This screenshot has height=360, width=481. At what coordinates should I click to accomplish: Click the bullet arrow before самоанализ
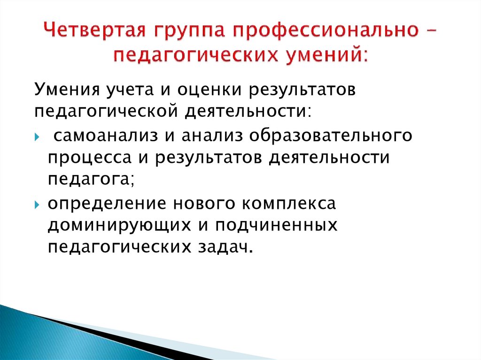tap(38, 136)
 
